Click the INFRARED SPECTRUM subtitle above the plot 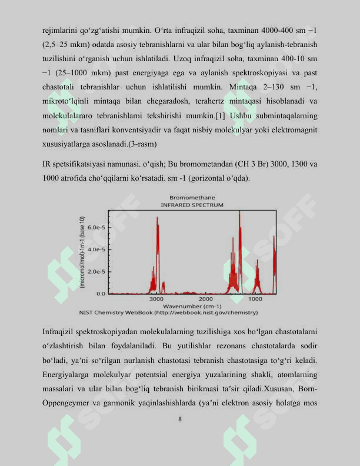click(x=192, y=205)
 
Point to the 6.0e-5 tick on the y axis click(x=96, y=227)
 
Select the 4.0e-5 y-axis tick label click(x=96, y=249)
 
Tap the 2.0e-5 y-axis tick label click(x=96, y=272)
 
